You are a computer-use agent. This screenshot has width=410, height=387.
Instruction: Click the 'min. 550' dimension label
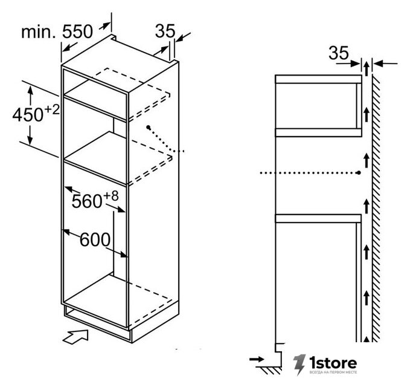57,32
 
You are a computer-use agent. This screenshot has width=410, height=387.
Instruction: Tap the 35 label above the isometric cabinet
165,31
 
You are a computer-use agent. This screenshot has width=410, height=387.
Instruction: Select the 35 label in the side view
339,53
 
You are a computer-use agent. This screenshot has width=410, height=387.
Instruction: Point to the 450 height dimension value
28,115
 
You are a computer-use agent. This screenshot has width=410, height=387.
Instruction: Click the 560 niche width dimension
87,201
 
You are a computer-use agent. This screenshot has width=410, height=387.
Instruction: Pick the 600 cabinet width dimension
95,239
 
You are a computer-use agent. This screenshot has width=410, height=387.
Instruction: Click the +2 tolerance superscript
52,109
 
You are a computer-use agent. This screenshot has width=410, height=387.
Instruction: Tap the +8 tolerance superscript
111,195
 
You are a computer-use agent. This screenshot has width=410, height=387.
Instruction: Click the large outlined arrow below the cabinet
75,336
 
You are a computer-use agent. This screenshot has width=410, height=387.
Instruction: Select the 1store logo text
333,363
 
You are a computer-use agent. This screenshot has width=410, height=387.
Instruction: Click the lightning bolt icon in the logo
299,364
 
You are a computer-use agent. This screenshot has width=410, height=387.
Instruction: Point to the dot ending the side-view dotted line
359,173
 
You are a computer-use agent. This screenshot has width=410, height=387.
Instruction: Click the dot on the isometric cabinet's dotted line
149,127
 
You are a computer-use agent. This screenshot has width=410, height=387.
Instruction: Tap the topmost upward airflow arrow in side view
367,68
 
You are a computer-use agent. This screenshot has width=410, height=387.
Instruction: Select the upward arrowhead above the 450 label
30,90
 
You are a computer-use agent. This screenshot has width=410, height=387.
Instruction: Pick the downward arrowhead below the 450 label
30,140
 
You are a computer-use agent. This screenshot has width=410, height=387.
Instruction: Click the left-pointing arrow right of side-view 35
385,63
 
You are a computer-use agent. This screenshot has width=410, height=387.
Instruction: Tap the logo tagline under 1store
333,372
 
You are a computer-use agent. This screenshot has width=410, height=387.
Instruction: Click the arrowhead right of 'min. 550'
105,25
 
